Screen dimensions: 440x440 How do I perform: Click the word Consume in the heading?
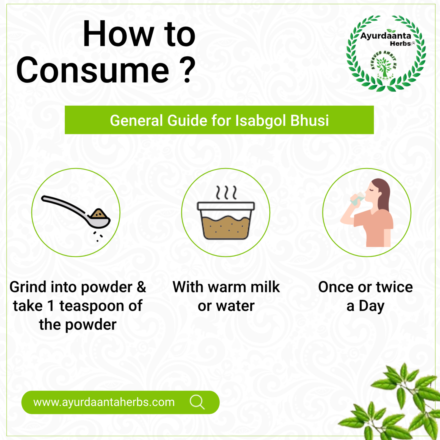(93, 70)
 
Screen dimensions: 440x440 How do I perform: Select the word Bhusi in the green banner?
(309, 120)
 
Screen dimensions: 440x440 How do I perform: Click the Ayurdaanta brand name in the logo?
(386, 36)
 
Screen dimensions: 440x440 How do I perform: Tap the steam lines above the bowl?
(226, 193)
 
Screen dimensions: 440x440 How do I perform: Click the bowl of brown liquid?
(226, 221)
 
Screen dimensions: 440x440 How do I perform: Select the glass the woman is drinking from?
(358, 199)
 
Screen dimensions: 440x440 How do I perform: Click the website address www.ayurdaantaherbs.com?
(104, 402)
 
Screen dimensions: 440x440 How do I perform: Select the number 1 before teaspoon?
(50, 306)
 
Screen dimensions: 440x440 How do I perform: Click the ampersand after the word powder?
(141, 287)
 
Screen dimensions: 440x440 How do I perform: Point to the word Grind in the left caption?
(28, 287)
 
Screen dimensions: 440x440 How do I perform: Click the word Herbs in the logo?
(400, 43)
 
